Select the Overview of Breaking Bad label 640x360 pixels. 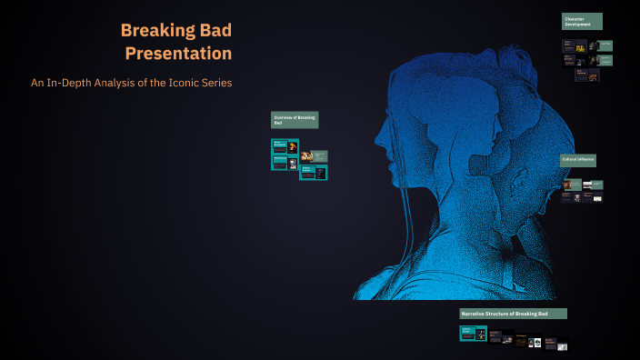point(295,119)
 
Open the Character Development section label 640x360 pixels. point(582,21)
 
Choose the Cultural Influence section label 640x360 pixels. point(578,159)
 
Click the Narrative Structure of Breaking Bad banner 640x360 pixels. point(513,314)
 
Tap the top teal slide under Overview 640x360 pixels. point(285,145)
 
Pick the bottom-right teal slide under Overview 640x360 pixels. point(314,172)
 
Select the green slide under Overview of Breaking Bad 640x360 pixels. point(314,156)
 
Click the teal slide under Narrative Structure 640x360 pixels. point(473,334)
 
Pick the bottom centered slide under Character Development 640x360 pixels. point(586,75)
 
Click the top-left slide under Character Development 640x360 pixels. point(573,45)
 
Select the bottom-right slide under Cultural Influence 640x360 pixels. point(595,196)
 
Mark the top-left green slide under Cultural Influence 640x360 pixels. point(571,185)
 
